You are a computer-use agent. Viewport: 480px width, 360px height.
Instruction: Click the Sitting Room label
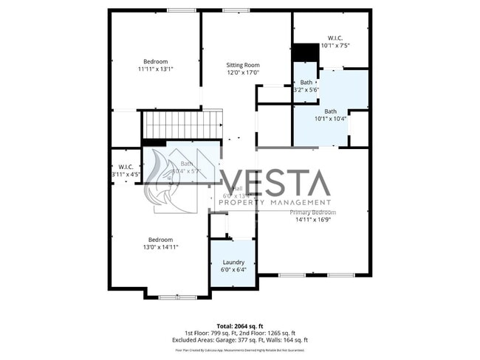(244, 65)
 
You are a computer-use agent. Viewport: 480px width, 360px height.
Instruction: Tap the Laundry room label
(233, 262)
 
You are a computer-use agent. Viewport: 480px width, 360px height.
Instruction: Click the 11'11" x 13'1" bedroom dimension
(155, 69)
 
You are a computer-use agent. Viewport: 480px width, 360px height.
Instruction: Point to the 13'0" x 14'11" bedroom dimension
(160, 247)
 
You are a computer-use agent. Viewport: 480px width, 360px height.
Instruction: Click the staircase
(182, 124)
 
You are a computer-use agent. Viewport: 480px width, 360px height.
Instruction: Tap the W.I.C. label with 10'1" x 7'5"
(335, 38)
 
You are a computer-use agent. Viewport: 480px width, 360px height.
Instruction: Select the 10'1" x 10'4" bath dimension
(330, 119)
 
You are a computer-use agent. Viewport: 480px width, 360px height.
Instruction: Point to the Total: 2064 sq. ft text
(240, 325)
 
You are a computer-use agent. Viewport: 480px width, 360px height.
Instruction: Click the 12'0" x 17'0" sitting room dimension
(244, 73)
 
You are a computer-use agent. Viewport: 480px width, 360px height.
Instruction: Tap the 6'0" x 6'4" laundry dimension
(233, 269)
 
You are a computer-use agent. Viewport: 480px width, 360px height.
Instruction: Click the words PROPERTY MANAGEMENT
(275, 202)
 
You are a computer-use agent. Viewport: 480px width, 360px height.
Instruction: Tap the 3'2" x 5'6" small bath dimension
(306, 90)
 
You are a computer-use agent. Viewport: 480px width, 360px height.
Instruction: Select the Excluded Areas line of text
(240, 340)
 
